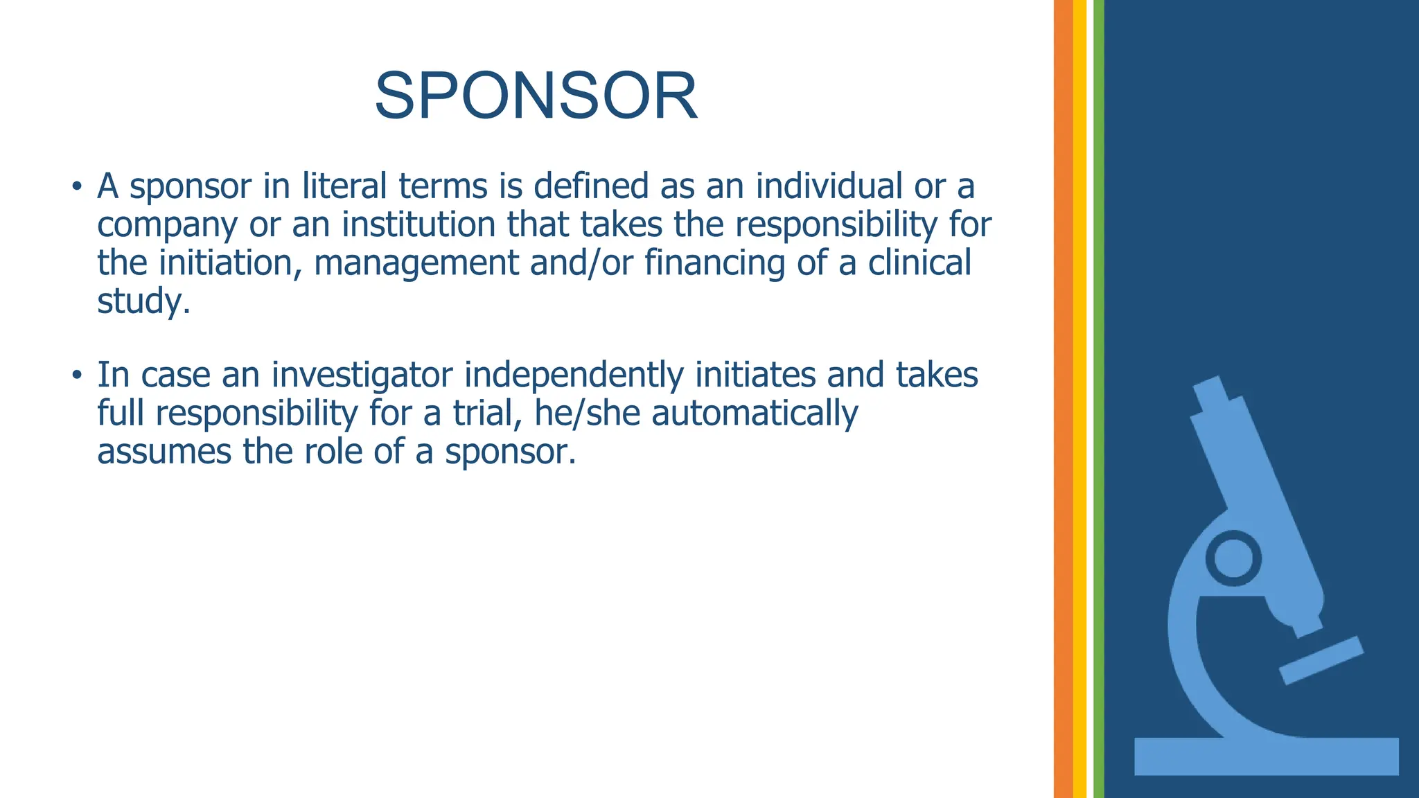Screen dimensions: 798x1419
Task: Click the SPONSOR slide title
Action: tap(536, 96)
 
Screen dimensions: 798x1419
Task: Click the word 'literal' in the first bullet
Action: tap(344, 186)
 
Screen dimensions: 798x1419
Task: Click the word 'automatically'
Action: tap(755, 414)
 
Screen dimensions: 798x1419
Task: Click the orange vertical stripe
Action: tap(1063, 399)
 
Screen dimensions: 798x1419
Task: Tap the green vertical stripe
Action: tap(1098, 399)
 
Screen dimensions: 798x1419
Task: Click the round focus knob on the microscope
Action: tap(1233, 558)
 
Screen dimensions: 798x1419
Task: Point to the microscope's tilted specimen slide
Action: tap(1321, 660)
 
